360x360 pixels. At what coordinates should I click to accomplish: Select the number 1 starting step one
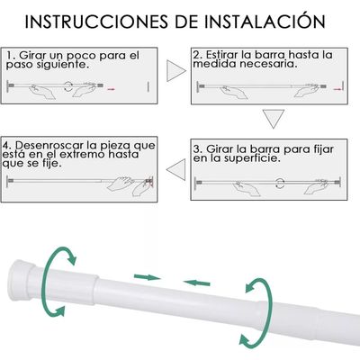9,56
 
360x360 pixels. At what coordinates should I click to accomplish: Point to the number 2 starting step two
198,56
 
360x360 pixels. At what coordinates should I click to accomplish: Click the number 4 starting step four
7,145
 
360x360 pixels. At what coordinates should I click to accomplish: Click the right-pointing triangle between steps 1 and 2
174,67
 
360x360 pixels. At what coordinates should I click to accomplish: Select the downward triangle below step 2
273,119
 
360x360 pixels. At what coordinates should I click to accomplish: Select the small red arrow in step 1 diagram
112,89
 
